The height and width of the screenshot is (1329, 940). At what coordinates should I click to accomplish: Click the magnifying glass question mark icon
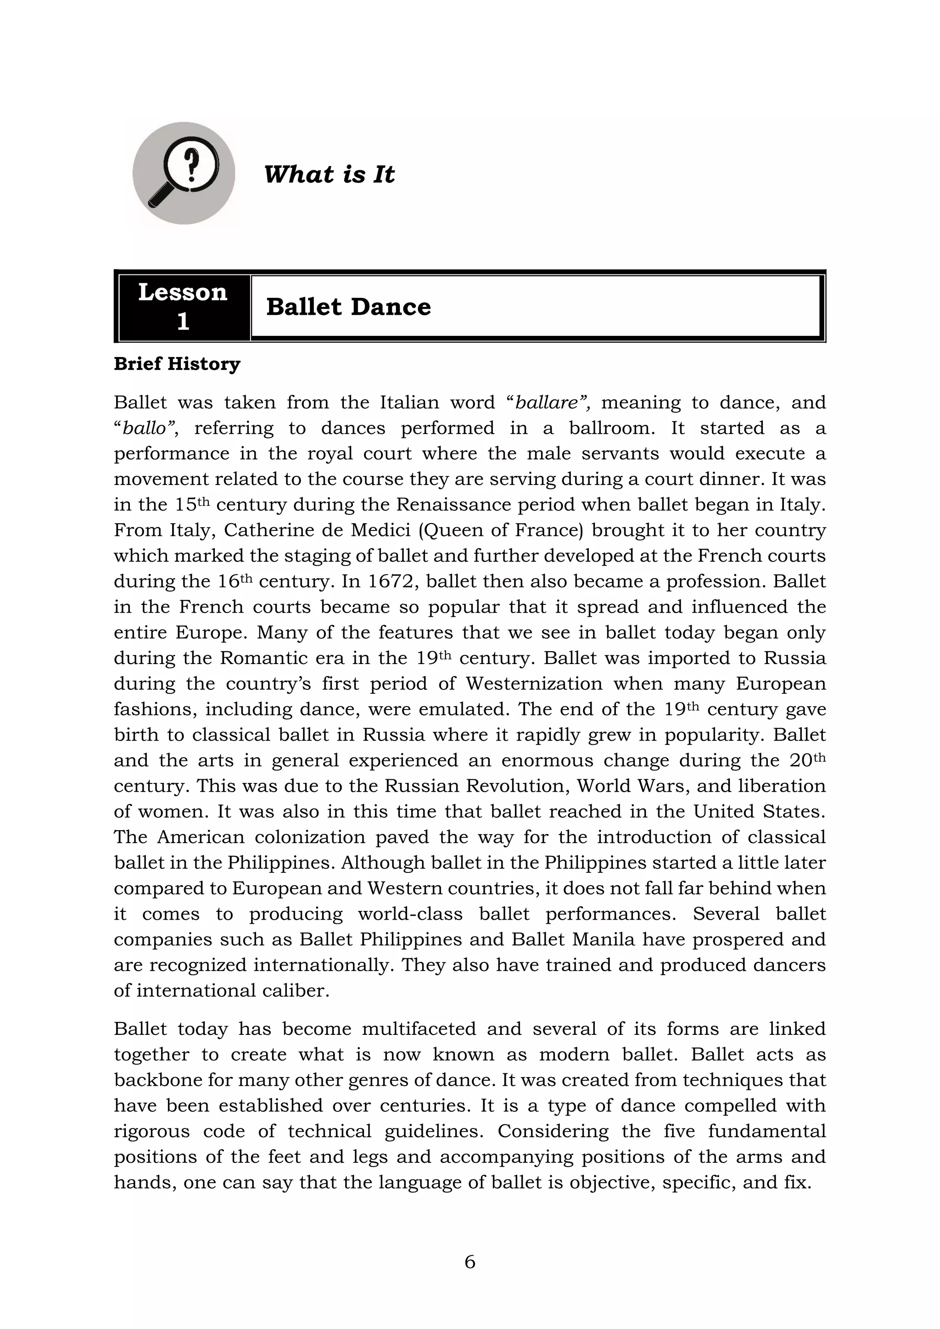(184, 173)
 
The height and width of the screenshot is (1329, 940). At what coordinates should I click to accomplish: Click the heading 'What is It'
(329, 174)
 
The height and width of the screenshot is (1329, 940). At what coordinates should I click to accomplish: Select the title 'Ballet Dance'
(348, 307)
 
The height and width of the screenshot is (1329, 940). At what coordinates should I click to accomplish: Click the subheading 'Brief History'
(177, 364)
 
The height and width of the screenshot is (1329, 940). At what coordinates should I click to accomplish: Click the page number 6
(470, 1261)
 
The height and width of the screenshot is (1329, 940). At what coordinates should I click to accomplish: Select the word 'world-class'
(410, 914)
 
